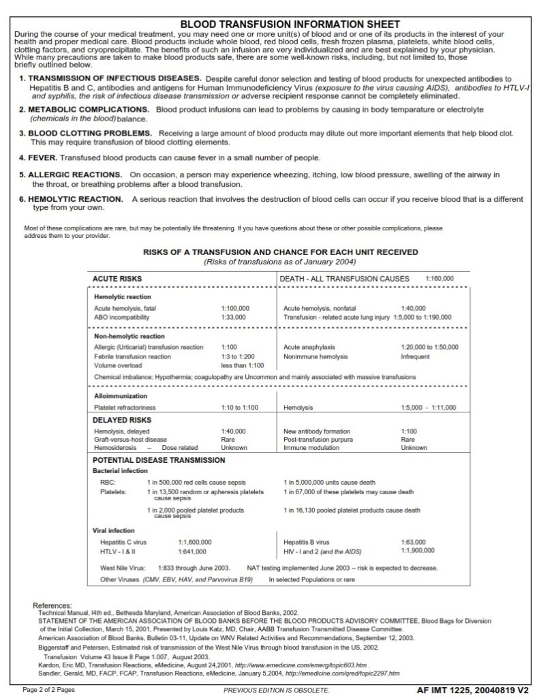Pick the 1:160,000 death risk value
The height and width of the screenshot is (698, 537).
[x=440, y=278]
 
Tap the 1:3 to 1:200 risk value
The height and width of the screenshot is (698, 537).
[x=238, y=356]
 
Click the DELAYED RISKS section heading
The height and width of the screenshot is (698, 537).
[x=122, y=420]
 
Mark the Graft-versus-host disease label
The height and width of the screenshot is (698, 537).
[x=130, y=440]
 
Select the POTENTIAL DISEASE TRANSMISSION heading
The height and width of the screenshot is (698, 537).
[x=149, y=460]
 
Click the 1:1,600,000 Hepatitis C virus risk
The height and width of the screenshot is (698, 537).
[x=194, y=542]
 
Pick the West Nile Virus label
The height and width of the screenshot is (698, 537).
[x=123, y=567]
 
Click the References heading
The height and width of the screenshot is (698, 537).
[x=52, y=605]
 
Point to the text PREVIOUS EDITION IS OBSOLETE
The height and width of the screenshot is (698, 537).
[x=276, y=690]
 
